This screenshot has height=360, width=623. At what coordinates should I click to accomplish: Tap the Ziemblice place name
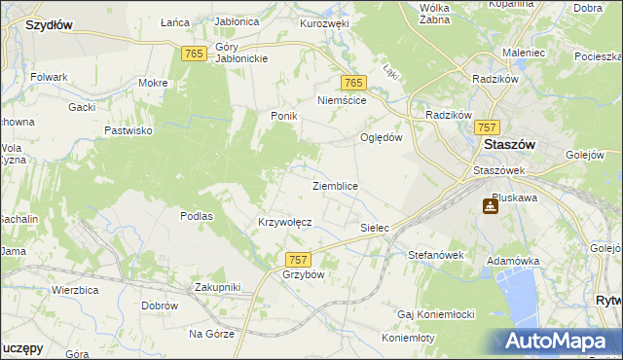pos(335,185)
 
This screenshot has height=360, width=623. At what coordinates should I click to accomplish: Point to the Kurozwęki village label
pos(324,22)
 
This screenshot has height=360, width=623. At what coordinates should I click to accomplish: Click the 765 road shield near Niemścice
pos(353,84)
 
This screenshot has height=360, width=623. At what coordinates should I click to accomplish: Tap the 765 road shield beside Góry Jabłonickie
pos(192,54)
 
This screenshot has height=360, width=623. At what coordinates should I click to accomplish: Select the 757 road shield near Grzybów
pos(299,259)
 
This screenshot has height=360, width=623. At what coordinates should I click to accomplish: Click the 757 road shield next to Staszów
pos(489,128)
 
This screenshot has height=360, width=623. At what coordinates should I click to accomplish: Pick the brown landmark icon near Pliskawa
pos(490,207)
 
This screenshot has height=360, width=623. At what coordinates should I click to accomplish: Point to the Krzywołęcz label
pos(284,222)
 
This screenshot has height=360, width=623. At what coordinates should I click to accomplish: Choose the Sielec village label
pos(375,228)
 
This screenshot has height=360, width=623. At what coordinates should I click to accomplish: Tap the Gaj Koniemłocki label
pos(435,314)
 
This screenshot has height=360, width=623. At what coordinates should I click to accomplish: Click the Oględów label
pos(382,137)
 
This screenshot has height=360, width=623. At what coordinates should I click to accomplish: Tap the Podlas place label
pos(196,216)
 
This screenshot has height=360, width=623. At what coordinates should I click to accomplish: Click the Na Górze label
pos(211,333)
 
